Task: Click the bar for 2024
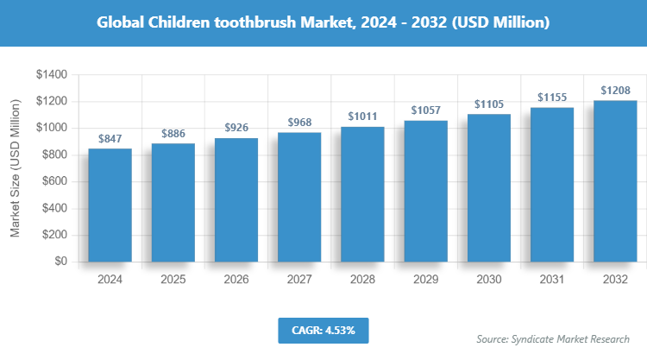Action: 110,205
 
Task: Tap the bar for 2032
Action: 615,181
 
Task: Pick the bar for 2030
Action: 488,188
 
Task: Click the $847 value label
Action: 110,138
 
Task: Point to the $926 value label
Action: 236,128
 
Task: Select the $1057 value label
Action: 425,110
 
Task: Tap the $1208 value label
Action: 615,90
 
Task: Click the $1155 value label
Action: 552,97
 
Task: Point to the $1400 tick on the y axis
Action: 53,75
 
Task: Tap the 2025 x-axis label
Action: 173,280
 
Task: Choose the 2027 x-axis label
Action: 299,280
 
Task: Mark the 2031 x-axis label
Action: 552,280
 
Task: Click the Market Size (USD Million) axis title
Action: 15,169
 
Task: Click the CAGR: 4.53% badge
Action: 323,330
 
